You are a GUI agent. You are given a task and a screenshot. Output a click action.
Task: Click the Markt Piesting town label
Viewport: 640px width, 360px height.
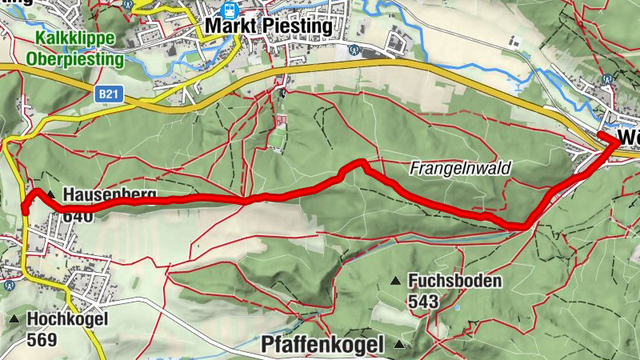click(268, 26)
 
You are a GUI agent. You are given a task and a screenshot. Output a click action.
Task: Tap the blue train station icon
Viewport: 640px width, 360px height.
click(230, 10)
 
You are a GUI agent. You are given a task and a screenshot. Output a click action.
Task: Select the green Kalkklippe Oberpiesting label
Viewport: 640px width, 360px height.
click(75, 48)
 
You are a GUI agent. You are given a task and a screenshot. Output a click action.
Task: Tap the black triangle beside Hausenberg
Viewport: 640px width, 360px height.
click(51, 194)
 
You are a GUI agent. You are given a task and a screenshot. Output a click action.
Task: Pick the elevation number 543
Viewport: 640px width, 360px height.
click(422, 301)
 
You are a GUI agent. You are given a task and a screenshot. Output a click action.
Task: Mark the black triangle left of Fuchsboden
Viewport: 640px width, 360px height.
click(395, 282)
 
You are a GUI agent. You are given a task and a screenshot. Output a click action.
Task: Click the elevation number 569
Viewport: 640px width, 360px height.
click(42, 339)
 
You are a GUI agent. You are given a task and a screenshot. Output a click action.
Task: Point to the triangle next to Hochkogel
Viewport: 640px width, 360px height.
click(14, 319)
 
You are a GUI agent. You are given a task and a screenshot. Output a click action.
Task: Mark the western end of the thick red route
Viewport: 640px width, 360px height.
click(25, 210)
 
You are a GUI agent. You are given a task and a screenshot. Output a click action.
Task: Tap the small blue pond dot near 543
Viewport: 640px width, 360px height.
click(456, 307)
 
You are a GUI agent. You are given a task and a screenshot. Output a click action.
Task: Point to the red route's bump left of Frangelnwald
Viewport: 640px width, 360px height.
click(358, 163)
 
